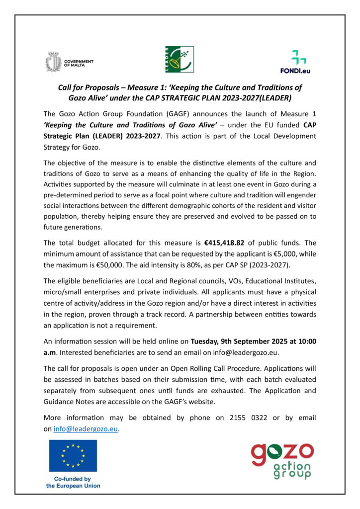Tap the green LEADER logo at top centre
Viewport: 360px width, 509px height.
pos(179,60)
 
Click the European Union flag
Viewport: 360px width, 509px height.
pos(73,455)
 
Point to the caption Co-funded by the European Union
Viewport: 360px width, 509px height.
pos(73,482)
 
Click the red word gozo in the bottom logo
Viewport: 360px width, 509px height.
pos(281,452)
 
